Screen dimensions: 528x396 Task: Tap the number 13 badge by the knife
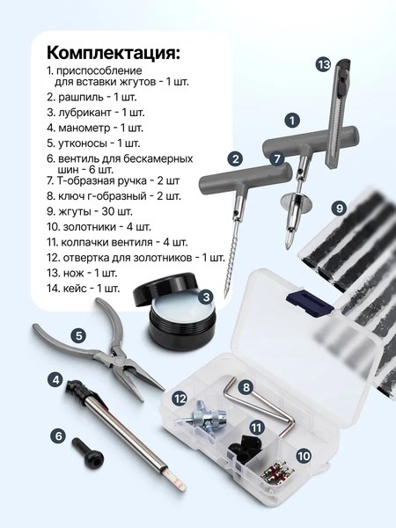point(323,63)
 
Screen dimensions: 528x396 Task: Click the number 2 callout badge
point(234,158)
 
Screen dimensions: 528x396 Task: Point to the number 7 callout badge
point(277,159)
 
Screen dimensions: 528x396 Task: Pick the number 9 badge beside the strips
point(339,208)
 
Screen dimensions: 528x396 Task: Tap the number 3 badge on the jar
point(204,297)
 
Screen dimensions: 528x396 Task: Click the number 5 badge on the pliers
point(78,335)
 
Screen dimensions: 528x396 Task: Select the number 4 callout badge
point(55,380)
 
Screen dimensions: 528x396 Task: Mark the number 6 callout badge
point(59,435)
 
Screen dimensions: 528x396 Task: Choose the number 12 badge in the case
point(180,399)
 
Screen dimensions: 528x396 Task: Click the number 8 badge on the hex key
point(246,386)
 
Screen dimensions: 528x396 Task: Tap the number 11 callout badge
point(256,428)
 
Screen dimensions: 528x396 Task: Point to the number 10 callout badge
point(304,456)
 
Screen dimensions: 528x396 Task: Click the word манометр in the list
point(90,127)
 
